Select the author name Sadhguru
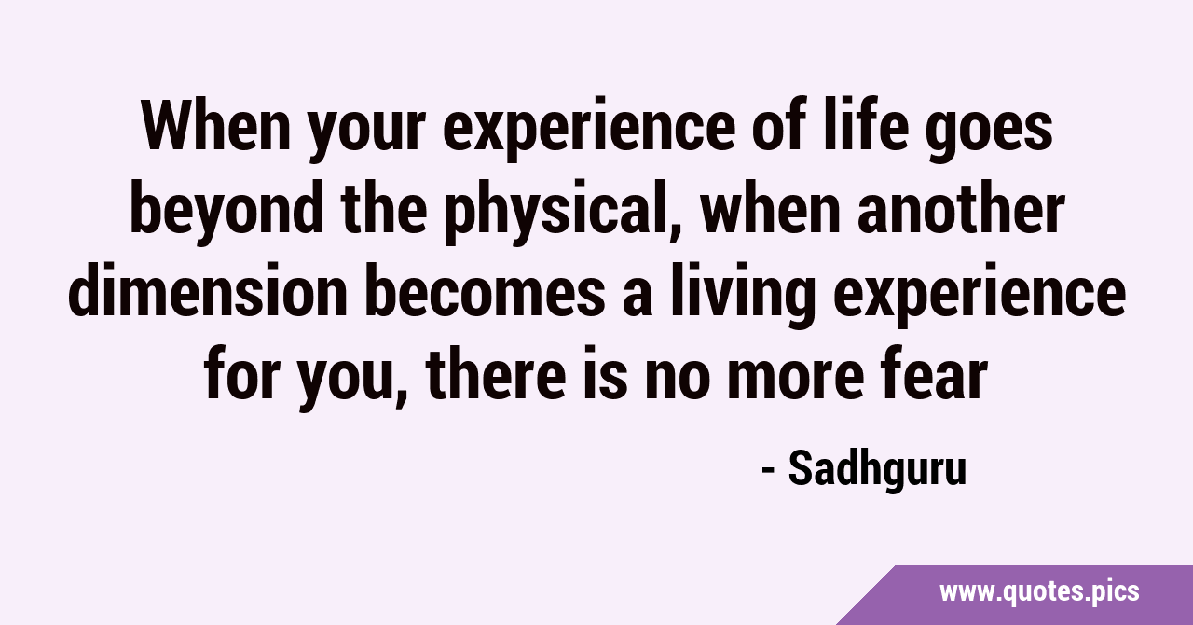pyautogui.click(x=877, y=469)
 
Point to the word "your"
pyautogui.click(x=367, y=130)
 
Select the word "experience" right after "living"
pyautogui.click(x=979, y=295)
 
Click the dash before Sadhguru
pyautogui.click(x=768, y=470)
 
